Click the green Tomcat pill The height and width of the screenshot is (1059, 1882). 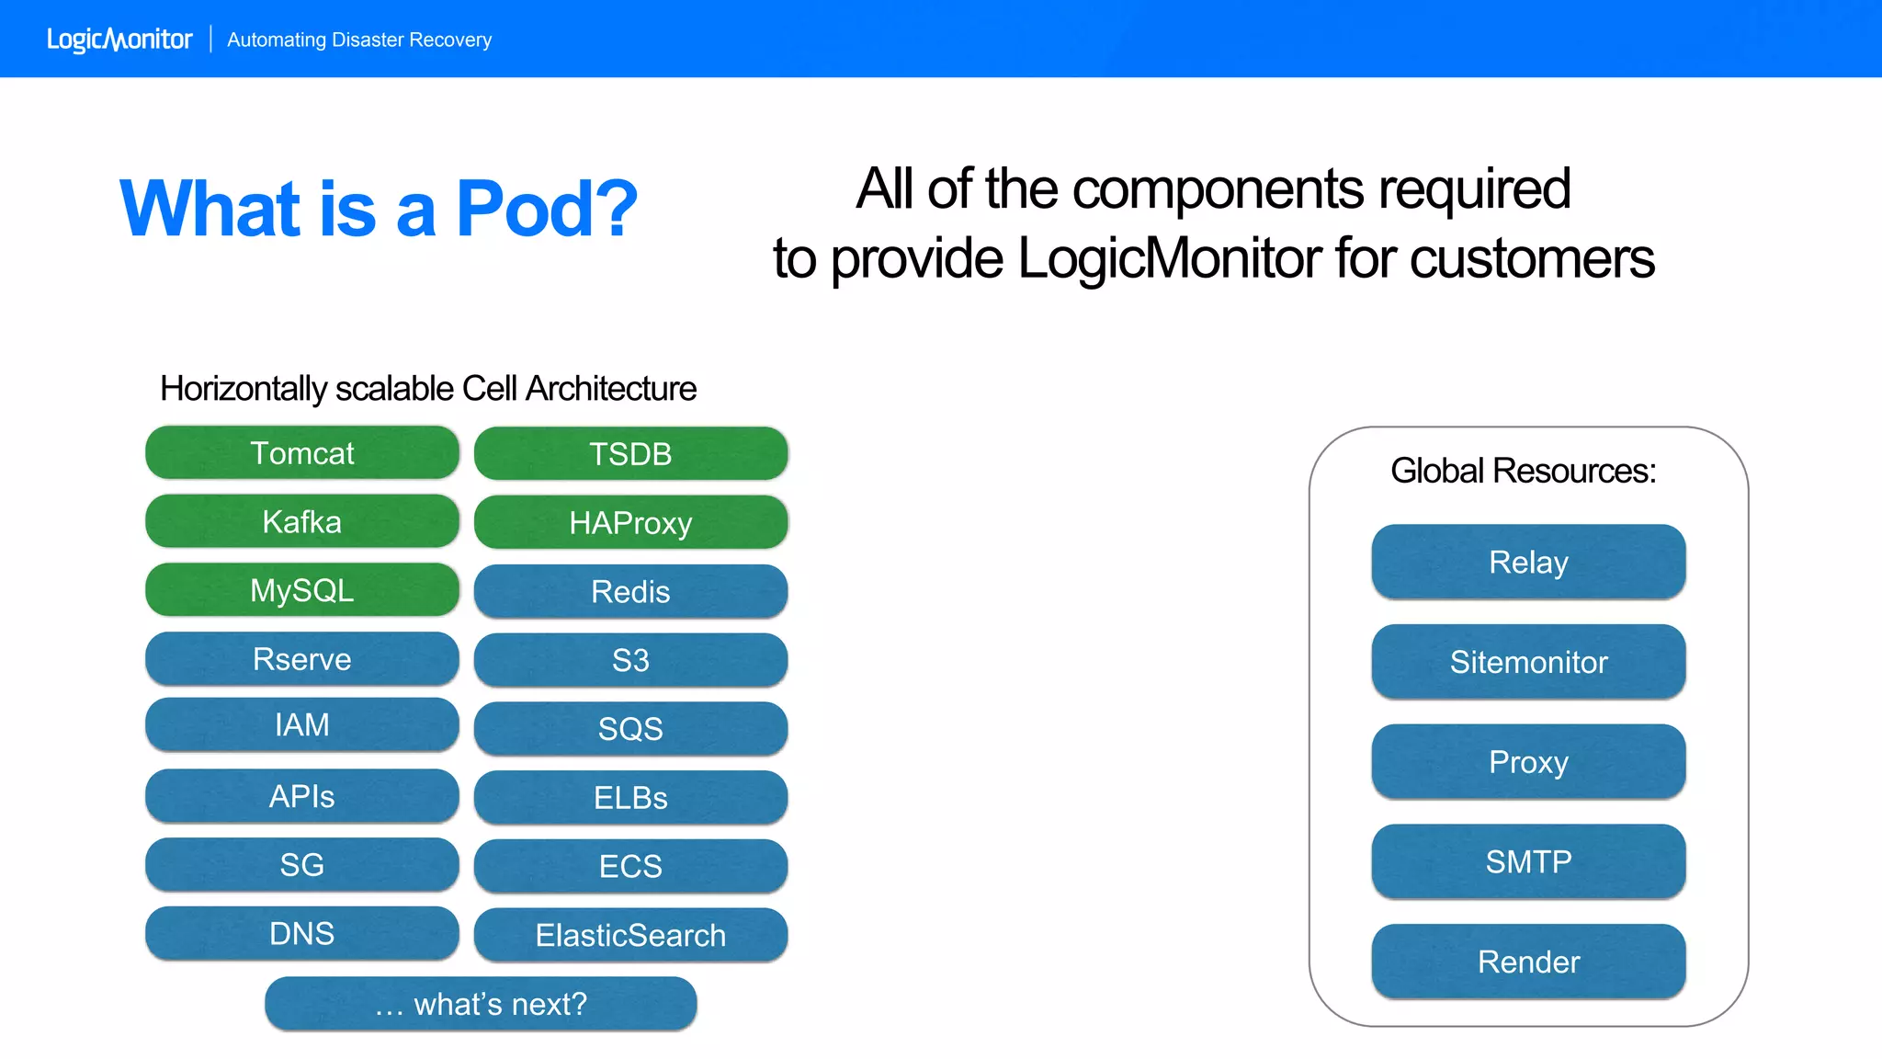(x=301, y=452)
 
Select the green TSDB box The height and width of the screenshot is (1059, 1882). (x=630, y=453)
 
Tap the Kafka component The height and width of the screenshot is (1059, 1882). (x=301, y=521)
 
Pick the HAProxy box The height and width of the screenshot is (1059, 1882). (x=630, y=522)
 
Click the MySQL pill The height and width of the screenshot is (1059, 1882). (x=301, y=589)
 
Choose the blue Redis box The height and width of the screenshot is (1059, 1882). (x=630, y=591)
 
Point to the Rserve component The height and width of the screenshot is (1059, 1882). (x=301, y=658)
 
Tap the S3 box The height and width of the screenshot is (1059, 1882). (x=630, y=659)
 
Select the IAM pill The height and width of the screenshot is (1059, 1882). (x=301, y=724)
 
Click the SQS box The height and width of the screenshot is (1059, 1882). (x=630, y=728)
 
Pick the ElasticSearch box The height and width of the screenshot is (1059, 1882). (x=630, y=935)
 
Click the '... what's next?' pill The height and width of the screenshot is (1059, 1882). (x=481, y=1004)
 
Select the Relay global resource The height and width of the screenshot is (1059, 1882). (x=1528, y=562)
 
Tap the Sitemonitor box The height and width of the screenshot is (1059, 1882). (x=1528, y=662)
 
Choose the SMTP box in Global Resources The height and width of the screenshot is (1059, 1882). (x=1528, y=861)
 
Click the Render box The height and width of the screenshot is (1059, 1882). (x=1528, y=962)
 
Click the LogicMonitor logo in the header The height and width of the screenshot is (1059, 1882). (x=119, y=40)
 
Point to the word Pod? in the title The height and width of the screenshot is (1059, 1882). (x=547, y=209)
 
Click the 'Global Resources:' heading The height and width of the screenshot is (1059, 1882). (x=1523, y=471)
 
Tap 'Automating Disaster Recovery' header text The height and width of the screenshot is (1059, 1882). (x=359, y=40)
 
